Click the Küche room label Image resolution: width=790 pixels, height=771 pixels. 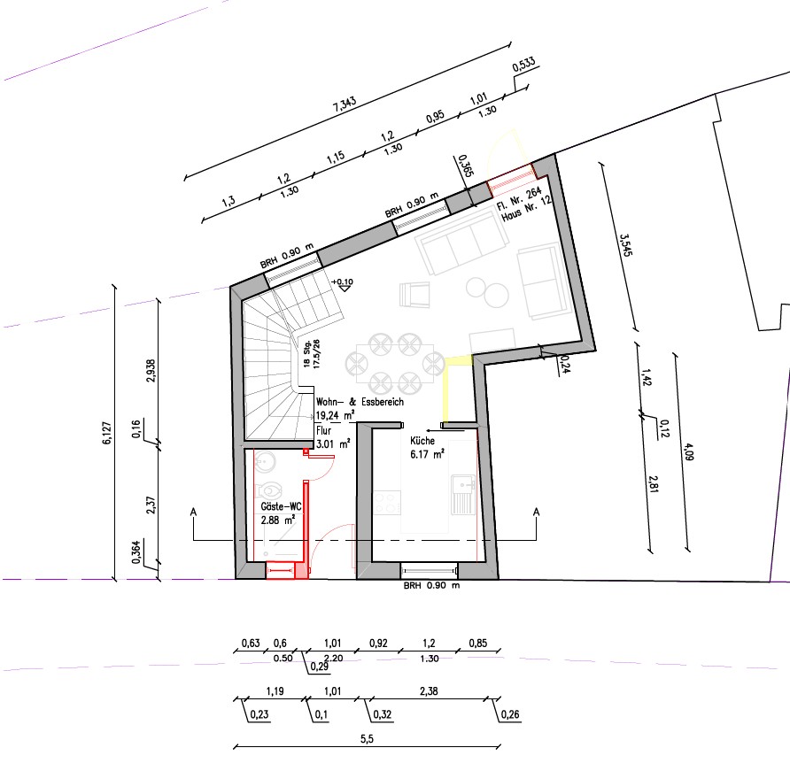(422, 441)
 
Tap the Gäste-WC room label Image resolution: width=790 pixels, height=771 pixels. (281, 506)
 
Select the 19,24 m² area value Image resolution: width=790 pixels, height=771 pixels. (335, 415)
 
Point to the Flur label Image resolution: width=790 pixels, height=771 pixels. (323, 430)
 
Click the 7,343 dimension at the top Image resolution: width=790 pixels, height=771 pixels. (345, 104)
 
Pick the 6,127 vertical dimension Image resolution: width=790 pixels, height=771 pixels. (107, 433)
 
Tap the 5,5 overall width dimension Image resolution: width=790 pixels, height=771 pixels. (367, 739)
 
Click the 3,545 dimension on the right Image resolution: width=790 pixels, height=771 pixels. (625, 244)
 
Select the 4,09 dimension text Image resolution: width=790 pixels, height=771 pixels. (688, 451)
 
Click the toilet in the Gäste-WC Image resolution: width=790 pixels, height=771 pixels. (268, 490)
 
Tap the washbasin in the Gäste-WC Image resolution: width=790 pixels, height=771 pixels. (264, 461)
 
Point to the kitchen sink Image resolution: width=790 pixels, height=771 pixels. (463, 495)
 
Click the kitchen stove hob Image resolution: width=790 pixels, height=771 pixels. (387, 503)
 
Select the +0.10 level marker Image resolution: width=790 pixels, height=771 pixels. (343, 284)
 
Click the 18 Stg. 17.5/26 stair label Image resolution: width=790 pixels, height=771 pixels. (312, 354)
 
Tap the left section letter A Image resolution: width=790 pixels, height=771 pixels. (193, 513)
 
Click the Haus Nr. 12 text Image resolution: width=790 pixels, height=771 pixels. (526, 208)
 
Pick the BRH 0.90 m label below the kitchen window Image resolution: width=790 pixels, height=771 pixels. (431, 586)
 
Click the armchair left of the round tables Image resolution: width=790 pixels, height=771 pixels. (414, 295)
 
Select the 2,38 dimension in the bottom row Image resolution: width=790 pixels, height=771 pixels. (429, 691)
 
